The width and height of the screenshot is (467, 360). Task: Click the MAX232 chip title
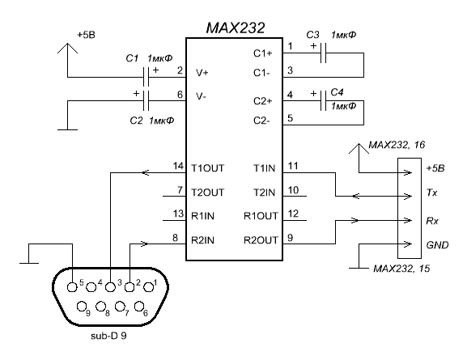[x=236, y=28]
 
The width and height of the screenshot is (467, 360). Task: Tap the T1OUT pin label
[x=207, y=168]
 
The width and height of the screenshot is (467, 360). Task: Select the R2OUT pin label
[x=261, y=240]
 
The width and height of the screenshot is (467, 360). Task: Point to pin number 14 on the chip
[x=178, y=166]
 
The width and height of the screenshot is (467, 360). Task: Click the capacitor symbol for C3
[x=324, y=53]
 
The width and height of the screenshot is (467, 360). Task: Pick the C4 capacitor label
[x=337, y=92]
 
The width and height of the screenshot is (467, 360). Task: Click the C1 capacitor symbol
[x=146, y=77]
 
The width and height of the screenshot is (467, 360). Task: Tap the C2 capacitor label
[x=136, y=121]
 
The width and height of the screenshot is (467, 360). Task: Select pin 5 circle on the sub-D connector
[x=72, y=287]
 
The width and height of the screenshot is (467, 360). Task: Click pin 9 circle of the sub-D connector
[x=81, y=306]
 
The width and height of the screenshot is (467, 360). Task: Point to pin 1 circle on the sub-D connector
[x=148, y=287]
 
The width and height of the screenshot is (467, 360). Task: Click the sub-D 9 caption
[x=108, y=336]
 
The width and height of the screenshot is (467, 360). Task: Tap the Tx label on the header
[x=432, y=193]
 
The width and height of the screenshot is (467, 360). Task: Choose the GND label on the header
[x=437, y=245]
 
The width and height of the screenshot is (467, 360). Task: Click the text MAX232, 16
[x=397, y=145]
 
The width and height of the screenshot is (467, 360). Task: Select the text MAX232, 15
[x=401, y=269]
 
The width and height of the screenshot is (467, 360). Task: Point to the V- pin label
[x=202, y=96]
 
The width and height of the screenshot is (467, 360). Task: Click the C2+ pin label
[x=263, y=101]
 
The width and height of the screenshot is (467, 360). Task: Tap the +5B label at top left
[x=86, y=35]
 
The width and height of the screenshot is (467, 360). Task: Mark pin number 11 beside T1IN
[x=293, y=166]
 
